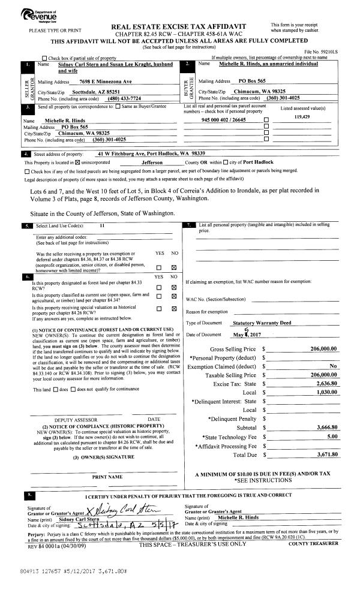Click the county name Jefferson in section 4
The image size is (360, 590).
(155, 162)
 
